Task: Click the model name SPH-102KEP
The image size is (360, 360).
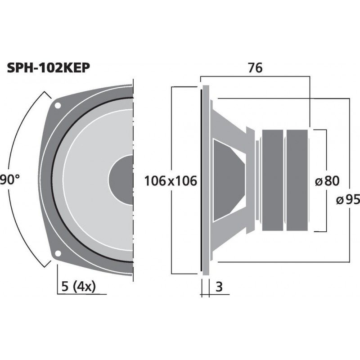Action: click(49, 68)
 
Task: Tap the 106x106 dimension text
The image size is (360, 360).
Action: click(171, 181)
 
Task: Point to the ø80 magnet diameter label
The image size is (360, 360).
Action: click(326, 181)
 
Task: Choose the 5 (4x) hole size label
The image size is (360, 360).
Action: click(77, 287)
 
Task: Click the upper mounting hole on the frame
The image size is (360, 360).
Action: click(58, 106)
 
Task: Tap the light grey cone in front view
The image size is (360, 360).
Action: click(85, 180)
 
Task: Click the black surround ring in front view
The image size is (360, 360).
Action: click(54, 180)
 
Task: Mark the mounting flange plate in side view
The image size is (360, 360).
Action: click(206, 180)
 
